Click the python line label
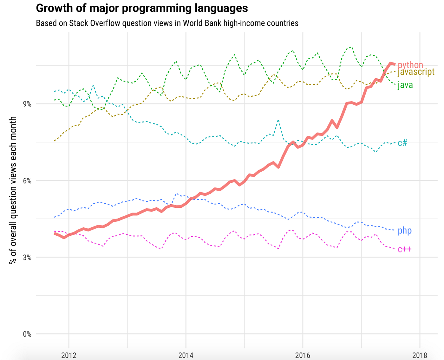click(x=410, y=65)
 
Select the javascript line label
click(x=416, y=72)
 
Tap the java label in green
click(x=405, y=85)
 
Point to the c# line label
click(x=402, y=143)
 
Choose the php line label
click(x=404, y=231)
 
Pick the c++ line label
click(x=404, y=249)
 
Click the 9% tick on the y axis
click(x=27, y=104)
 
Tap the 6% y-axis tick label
click(x=27, y=181)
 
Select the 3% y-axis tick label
click(x=27, y=258)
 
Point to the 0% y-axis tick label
click(x=27, y=334)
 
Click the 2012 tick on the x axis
click(x=69, y=355)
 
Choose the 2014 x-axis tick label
click(x=186, y=355)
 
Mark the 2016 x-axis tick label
click(x=303, y=355)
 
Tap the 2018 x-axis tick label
click(x=420, y=355)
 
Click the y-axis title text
click(x=13, y=190)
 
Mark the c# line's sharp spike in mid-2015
click(x=278, y=121)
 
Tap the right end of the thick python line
click(x=394, y=64)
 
